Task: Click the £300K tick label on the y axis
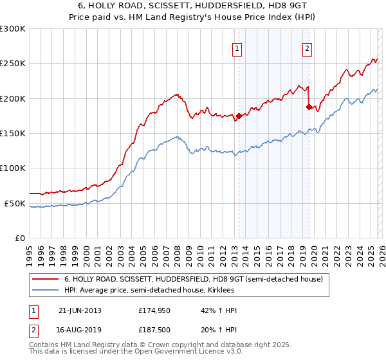click(x=12, y=30)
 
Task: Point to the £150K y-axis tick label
click(x=12, y=134)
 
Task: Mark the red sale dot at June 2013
click(x=239, y=116)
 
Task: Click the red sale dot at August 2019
click(x=309, y=107)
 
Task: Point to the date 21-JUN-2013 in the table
click(x=80, y=310)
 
